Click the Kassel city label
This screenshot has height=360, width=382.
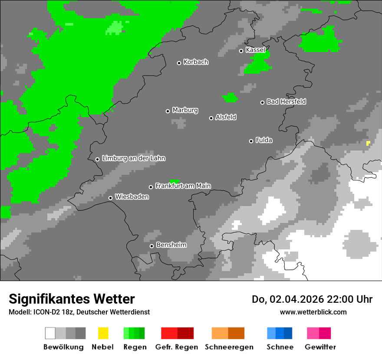[255, 50]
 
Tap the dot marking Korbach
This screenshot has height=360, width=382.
[179, 63]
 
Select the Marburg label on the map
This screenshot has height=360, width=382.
[185, 110]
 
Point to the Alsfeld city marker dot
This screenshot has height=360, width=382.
[211, 118]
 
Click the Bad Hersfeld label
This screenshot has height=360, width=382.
[286, 101]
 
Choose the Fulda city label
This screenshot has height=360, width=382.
[264, 140]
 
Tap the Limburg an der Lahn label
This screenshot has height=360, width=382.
[133, 158]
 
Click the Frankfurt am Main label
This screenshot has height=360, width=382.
[183, 186]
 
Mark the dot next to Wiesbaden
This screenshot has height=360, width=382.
[110, 198]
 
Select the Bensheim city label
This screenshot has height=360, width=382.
[171, 245]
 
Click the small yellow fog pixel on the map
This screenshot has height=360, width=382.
[368, 143]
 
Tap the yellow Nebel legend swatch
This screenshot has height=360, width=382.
[103, 333]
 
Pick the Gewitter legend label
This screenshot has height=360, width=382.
[320, 347]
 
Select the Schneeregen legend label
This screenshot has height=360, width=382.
[228, 347]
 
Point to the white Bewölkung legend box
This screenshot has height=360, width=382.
[50, 333]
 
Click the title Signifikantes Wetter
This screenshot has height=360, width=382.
[72, 299]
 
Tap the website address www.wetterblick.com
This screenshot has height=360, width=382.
[313, 312]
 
